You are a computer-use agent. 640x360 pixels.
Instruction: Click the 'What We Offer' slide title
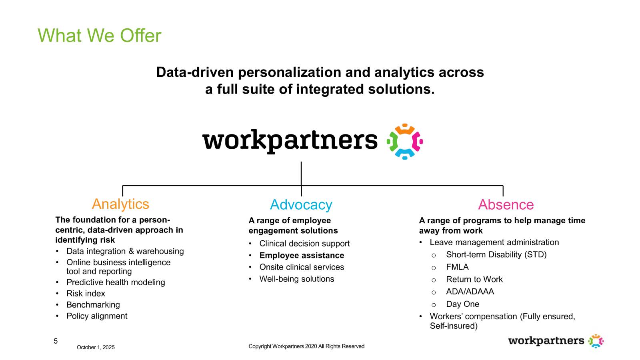click(99, 36)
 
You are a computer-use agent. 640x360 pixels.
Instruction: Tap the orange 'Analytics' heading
click(120, 204)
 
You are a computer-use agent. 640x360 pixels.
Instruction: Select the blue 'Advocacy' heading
click(301, 205)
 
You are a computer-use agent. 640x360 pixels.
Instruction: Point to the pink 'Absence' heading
click(506, 205)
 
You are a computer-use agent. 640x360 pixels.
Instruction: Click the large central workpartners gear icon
click(405, 142)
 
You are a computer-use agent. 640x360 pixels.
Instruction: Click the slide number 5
click(56, 341)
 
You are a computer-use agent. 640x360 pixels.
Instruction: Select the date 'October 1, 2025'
click(96, 347)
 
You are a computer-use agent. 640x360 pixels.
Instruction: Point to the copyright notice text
click(306, 346)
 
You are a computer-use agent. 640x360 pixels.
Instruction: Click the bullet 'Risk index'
click(86, 294)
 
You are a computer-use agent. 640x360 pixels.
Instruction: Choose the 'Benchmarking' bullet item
click(93, 305)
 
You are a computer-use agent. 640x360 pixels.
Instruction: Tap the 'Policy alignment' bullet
click(97, 316)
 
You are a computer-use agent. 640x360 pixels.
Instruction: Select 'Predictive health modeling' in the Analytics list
click(116, 282)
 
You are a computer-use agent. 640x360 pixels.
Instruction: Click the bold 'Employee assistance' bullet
click(302, 255)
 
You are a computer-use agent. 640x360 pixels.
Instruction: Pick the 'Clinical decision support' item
click(304, 244)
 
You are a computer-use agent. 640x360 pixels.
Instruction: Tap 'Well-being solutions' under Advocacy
click(296, 279)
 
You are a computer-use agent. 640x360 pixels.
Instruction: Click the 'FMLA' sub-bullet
click(457, 267)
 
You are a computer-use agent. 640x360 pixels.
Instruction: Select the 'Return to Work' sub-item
click(474, 279)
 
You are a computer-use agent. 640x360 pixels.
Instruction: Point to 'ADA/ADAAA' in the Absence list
click(470, 292)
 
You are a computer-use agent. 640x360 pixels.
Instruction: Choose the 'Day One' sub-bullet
click(462, 304)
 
